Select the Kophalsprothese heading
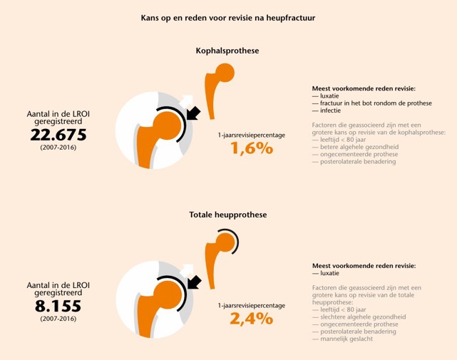pos(227,51)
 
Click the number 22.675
pos(58,135)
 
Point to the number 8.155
pos(58,307)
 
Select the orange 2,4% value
pos(252,318)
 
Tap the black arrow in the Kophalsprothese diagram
pos(192,114)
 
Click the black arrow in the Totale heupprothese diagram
pos(192,284)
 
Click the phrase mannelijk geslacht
pos(346,339)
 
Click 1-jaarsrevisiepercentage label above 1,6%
pos(252,134)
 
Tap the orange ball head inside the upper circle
pos(167,125)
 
